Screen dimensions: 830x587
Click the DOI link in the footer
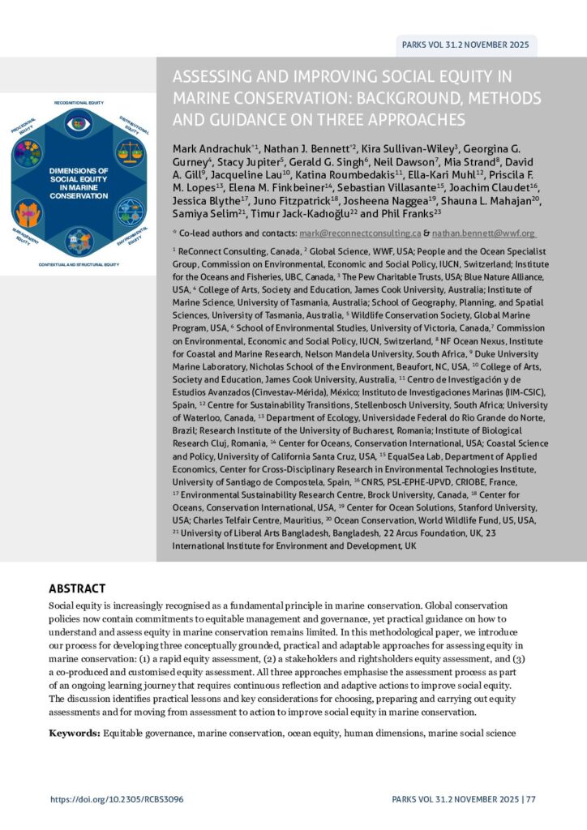click(117, 798)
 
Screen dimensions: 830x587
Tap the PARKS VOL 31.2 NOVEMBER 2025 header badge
click(465, 45)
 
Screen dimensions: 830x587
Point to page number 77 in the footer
click(530, 798)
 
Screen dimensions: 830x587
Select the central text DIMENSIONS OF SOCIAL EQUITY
click(78, 173)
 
